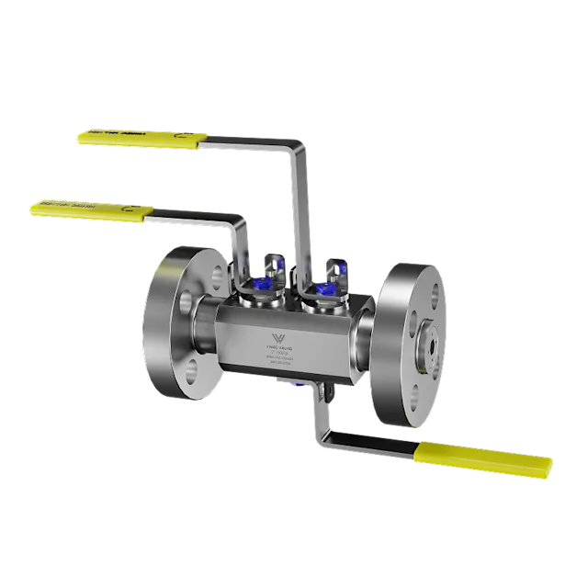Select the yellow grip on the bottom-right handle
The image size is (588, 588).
tap(485, 459)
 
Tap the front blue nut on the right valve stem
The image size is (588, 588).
tap(323, 289)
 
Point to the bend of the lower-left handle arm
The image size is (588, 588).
tap(241, 220)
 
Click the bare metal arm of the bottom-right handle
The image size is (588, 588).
tap(367, 448)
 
